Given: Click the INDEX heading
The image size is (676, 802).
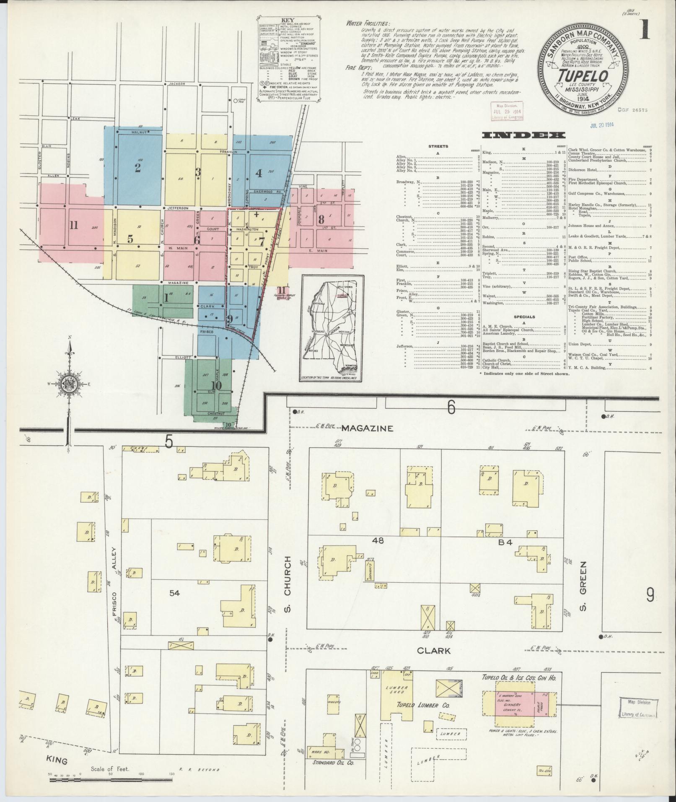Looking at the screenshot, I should point(523,135).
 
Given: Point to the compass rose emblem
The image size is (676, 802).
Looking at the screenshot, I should point(69,385).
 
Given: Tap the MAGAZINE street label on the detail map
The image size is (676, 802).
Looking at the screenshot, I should point(367,428).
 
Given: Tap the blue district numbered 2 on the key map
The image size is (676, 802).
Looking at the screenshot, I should point(137,168).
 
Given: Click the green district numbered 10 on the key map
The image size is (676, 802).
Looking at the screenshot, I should point(216,385).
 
